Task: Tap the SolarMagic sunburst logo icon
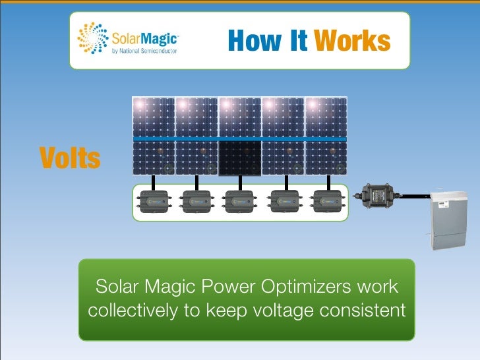92,39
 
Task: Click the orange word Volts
70,158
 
